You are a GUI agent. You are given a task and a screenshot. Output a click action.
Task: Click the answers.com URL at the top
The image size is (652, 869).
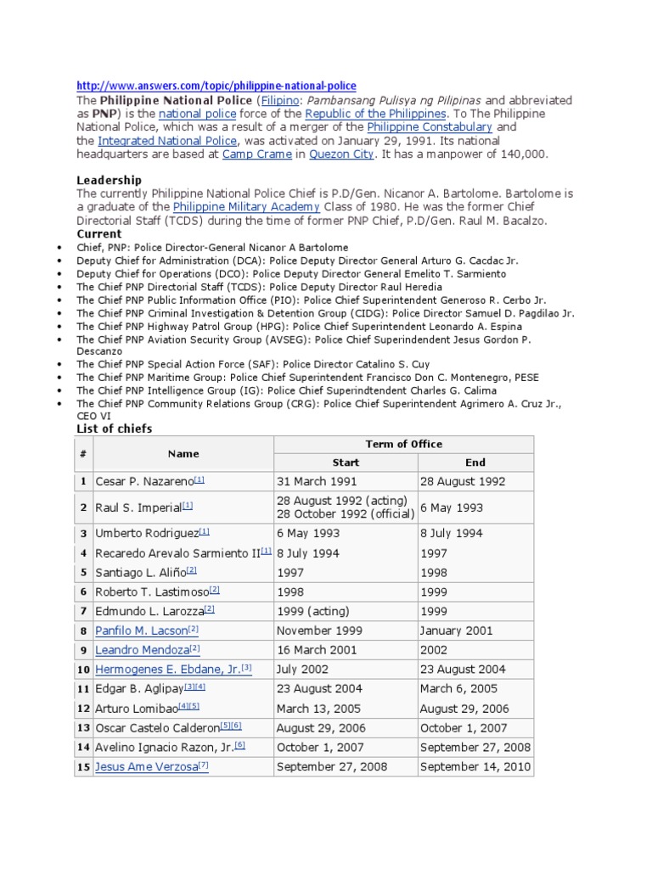(216, 86)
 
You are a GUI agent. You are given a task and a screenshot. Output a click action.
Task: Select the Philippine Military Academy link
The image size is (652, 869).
(246, 207)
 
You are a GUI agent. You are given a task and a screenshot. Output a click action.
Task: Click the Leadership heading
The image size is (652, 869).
(110, 180)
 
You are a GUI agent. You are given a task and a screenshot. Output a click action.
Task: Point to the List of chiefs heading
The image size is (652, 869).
(115, 429)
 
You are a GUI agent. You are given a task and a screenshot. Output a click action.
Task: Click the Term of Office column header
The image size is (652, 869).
(403, 444)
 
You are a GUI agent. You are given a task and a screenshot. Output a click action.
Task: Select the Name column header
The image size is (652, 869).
(183, 454)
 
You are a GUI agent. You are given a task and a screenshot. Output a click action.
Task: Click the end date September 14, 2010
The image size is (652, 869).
(475, 766)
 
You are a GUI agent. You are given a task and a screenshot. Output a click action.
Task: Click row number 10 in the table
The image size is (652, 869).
(84, 670)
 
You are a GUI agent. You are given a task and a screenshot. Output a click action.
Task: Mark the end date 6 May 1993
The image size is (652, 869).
(451, 507)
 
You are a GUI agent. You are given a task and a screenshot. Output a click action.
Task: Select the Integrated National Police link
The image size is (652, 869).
(168, 140)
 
